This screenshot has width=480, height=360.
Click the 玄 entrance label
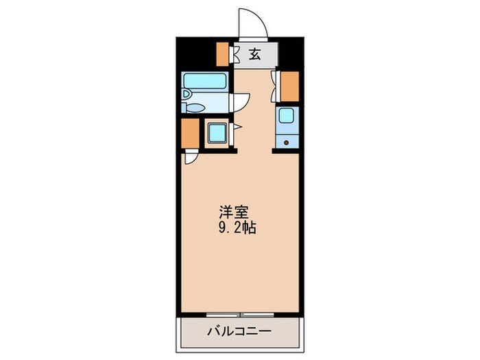pyautogui.click(x=254, y=55)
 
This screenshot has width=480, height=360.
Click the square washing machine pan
pyautogui.click(x=219, y=132)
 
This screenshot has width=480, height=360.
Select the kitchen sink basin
pyautogui.click(x=286, y=117)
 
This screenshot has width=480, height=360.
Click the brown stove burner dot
pyautogui.click(x=286, y=143)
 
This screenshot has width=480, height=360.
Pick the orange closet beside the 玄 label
pyautogui.click(x=223, y=53)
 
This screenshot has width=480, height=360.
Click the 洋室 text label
pyautogui.click(x=230, y=211)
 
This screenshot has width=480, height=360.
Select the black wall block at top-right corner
pyautogui.click(x=291, y=52)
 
